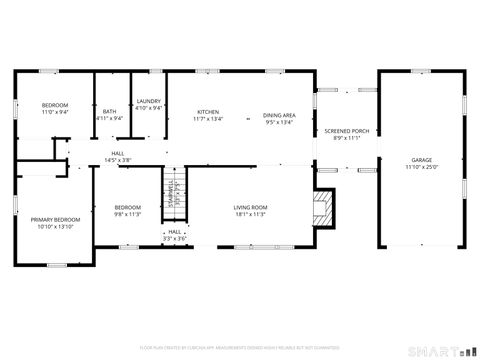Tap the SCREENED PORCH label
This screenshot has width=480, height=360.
(346, 131)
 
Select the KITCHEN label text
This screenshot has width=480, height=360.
(208, 112)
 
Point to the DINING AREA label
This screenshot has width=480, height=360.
(279, 115)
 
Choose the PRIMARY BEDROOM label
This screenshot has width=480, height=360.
(55, 220)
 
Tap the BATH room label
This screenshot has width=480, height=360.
(109, 112)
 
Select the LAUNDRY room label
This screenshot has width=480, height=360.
(149, 102)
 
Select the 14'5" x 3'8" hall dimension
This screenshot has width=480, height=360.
(118, 160)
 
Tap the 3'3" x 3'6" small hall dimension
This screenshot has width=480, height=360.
(175, 238)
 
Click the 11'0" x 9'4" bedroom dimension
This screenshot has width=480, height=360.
(55, 112)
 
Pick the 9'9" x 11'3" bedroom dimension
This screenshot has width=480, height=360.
(127, 214)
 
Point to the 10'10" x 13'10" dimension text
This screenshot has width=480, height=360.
(55, 227)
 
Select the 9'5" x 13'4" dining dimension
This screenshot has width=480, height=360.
(279, 122)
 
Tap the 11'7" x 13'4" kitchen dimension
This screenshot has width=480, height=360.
(208, 119)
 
